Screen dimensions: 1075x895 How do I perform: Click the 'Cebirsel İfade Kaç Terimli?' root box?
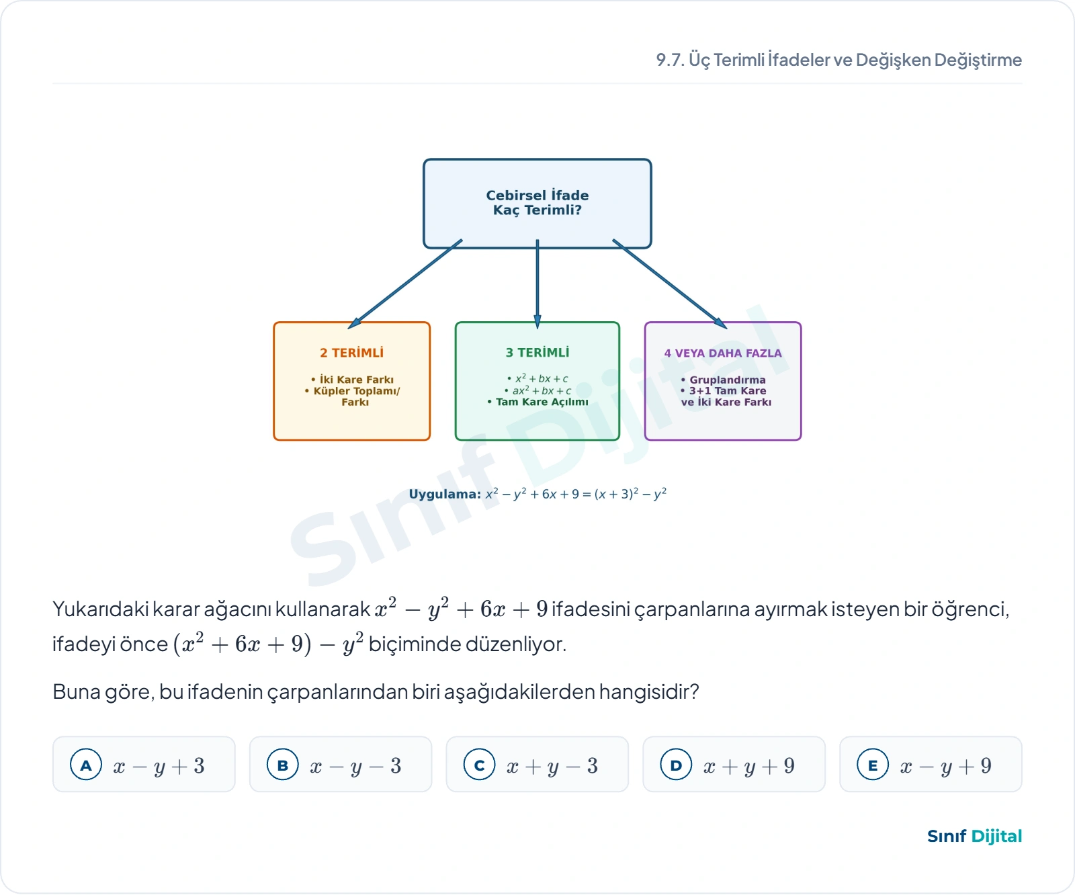(537, 203)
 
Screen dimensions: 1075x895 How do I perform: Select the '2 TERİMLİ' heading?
(351, 353)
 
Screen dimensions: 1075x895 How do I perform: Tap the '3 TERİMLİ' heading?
(537, 353)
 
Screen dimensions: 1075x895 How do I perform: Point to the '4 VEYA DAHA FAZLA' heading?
(723, 353)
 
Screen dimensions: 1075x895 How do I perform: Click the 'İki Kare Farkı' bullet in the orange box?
(353, 380)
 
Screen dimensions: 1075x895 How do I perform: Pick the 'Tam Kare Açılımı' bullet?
(537, 402)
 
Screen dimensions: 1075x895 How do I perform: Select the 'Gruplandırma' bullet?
(723, 380)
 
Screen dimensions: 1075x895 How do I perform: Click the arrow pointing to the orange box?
(405, 284)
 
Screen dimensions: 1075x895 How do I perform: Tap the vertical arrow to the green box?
(537, 284)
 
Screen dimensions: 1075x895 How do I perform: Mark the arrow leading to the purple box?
(670, 284)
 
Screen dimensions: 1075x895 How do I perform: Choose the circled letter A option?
(86, 765)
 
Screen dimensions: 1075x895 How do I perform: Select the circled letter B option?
(283, 765)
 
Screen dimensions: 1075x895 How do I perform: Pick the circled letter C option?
(480, 765)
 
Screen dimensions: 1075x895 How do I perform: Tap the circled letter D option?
(677, 765)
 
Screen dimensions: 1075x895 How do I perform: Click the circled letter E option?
(873, 765)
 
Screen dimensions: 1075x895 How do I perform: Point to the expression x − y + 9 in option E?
(946, 766)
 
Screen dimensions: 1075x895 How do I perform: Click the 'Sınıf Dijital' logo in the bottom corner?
(974, 837)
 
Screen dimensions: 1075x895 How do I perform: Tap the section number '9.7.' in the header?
(670, 60)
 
